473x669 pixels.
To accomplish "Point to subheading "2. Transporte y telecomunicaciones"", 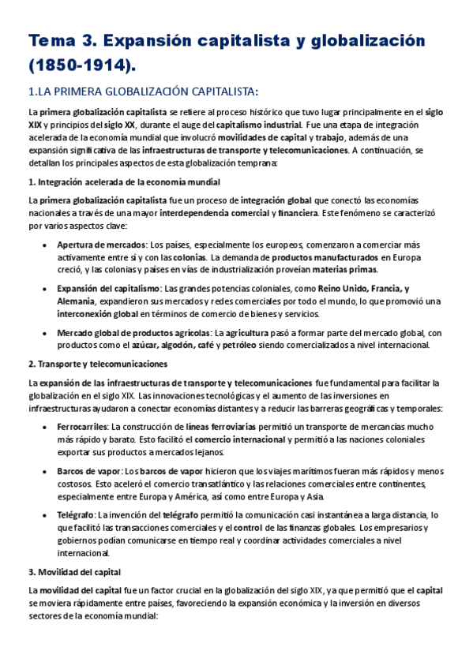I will (98, 364).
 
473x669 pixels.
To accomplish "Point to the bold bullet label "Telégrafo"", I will (76, 514).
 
